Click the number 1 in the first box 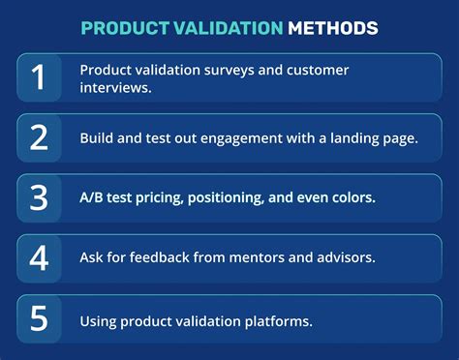point(39,77)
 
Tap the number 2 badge point(39,137)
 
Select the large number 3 point(39,197)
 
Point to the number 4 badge point(39,258)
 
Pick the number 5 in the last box point(39,318)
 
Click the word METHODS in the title point(333,28)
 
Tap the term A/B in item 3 point(94,198)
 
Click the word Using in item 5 point(100,319)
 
